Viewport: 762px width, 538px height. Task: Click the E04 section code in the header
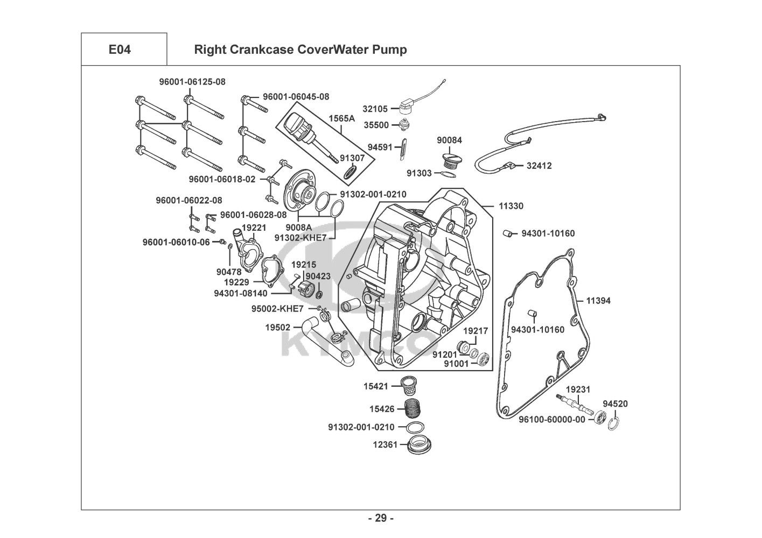pos(120,50)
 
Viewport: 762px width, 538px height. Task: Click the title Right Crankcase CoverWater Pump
pos(300,50)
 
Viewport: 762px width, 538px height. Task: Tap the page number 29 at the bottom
pos(380,518)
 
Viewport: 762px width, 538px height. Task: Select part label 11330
pos(511,206)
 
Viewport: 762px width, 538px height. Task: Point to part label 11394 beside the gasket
pos(598,301)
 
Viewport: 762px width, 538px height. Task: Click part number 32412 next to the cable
pos(539,166)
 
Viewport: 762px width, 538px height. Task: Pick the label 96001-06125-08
pos(192,82)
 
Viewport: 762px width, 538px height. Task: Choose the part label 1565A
pos(342,118)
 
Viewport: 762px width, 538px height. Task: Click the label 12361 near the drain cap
pos(383,444)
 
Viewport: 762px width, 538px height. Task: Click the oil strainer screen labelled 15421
pos(412,385)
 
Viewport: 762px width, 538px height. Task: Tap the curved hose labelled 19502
pos(326,341)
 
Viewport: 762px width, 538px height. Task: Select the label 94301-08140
pos(240,293)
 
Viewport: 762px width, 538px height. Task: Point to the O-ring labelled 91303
pos(446,174)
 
